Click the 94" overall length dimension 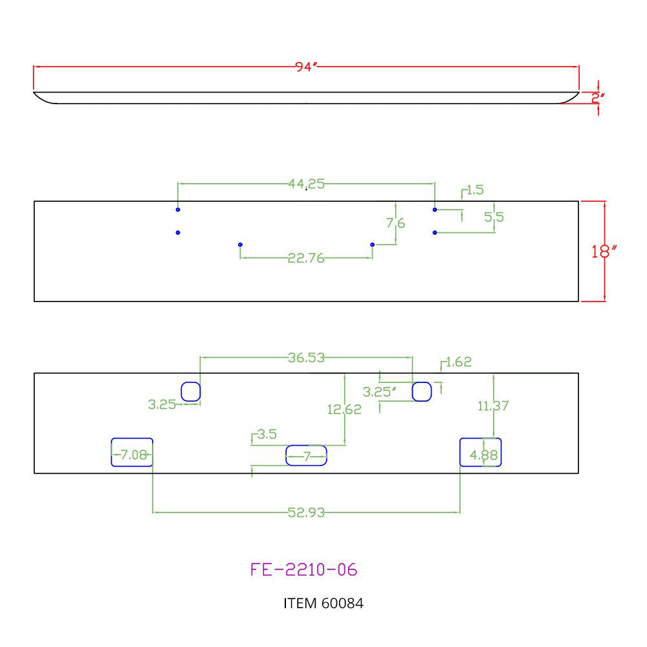(306, 67)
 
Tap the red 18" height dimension (604, 251)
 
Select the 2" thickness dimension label (597, 98)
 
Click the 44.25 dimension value (306, 184)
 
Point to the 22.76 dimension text (306, 258)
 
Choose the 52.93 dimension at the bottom (306, 512)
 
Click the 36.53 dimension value (306, 357)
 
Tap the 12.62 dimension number (344, 410)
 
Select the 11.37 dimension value (493, 406)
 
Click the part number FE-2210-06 (303, 569)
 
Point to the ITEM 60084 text (323, 603)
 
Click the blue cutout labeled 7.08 (132, 439)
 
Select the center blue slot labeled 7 (306, 446)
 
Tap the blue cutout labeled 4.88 (480, 439)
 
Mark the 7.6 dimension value (396, 223)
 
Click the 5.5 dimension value (494, 217)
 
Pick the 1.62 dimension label (459, 362)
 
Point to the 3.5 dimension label (267, 434)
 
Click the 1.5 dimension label (475, 190)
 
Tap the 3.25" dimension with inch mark (379, 392)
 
